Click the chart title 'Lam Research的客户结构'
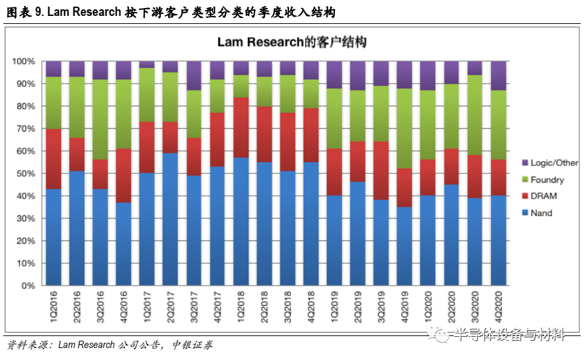292,42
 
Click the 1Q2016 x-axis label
53,305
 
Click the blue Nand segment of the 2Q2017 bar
171,219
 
